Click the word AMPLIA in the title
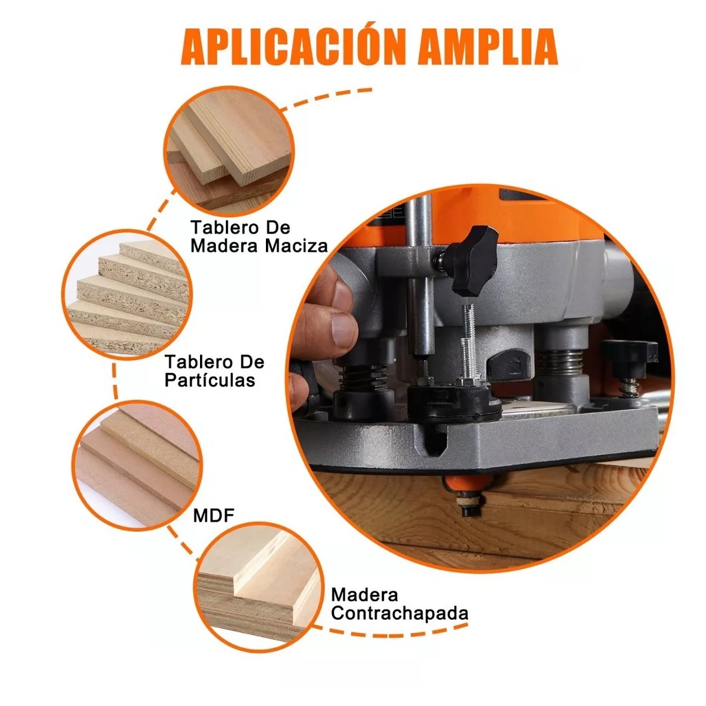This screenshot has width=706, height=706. (488, 45)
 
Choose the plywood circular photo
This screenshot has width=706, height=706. (259, 582)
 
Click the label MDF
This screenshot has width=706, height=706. (214, 516)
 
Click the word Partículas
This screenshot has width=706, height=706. (209, 380)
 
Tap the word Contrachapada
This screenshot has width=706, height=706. (399, 613)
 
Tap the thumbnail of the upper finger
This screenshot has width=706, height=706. (343, 328)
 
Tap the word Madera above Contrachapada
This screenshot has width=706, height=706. (364, 595)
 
